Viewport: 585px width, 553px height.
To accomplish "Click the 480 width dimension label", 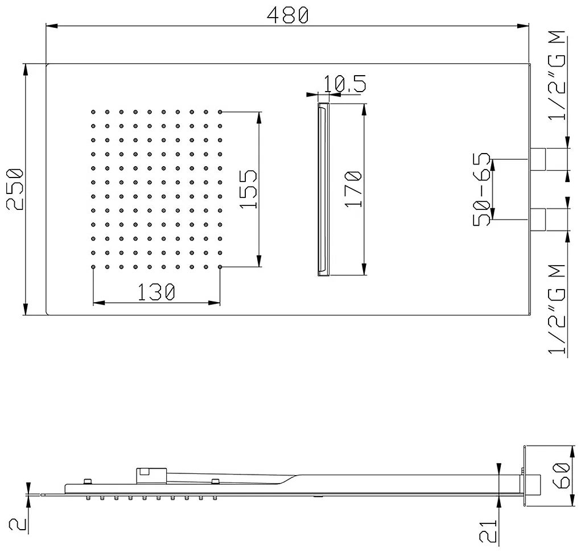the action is [287, 15].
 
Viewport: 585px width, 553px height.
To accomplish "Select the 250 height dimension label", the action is [15, 189].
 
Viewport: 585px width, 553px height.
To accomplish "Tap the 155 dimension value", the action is [249, 189].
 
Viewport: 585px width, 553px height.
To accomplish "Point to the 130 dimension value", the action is [156, 292].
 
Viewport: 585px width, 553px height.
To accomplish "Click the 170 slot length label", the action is [353, 189].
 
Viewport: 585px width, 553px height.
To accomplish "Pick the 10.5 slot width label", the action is [345, 84].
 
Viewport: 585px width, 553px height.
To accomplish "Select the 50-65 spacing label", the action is [481, 189].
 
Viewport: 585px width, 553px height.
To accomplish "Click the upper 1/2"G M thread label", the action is [557, 75].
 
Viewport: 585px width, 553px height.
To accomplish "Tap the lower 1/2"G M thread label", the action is [557, 309].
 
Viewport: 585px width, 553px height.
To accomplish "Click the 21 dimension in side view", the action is [489, 531].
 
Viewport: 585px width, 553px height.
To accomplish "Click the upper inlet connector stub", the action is [538, 159].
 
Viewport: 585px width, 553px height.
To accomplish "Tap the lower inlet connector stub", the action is [538, 220].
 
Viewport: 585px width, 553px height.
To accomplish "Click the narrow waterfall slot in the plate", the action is [323, 189].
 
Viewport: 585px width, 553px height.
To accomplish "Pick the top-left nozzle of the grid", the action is [93, 112].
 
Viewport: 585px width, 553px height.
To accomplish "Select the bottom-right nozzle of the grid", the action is [220, 267].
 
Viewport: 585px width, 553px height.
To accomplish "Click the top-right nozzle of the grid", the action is [220, 112].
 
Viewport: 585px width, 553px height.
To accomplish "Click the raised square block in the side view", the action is [151, 476].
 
